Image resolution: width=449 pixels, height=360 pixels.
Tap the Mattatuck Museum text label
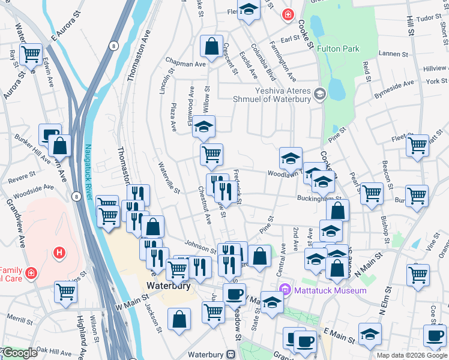(x=330, y=290)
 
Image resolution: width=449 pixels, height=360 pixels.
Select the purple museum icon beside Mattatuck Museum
(x=286, y=290)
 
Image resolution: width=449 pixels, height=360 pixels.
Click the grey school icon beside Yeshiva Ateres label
(x=319, y=93)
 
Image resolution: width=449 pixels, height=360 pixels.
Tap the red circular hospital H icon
(x=59, y=253)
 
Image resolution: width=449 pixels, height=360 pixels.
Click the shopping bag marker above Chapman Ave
(x=212, y=46)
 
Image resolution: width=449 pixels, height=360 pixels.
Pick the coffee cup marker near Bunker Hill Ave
(x=50, y=134)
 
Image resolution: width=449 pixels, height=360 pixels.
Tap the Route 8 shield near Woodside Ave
(x=76, y=196)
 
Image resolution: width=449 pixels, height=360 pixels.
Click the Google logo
(x=19, y=353)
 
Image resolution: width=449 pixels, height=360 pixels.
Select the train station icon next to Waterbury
(x=230, y=355)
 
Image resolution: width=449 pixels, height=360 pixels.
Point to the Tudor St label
(x=429, y=17)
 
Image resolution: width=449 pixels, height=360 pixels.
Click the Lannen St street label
(x=394, y=53)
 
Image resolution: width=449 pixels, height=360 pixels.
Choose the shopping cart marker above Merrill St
(x=66, y=292)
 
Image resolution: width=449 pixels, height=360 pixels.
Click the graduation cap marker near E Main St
(x=370, y=333)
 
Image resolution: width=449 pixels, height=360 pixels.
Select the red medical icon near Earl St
(x=289, y=14)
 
